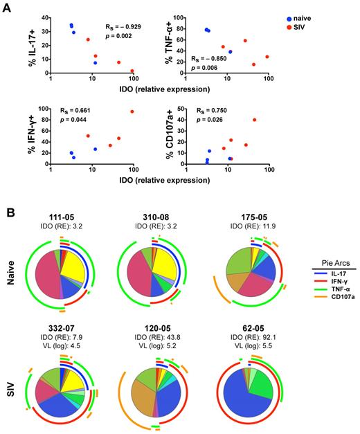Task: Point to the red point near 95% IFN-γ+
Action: (132, 112)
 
